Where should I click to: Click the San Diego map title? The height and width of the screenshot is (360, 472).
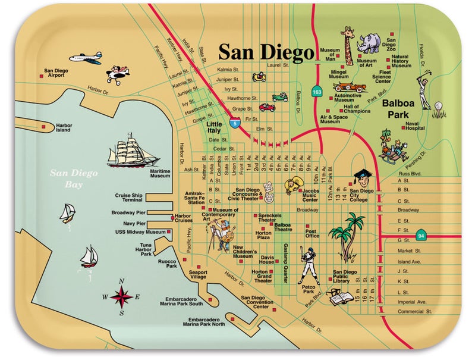point(266,52)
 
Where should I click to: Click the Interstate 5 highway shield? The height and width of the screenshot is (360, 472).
point(237,124)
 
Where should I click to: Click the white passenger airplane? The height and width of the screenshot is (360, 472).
point(85,58)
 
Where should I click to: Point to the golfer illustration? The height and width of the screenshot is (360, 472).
point(425,89)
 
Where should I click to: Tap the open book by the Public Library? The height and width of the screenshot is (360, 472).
point(341,296)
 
